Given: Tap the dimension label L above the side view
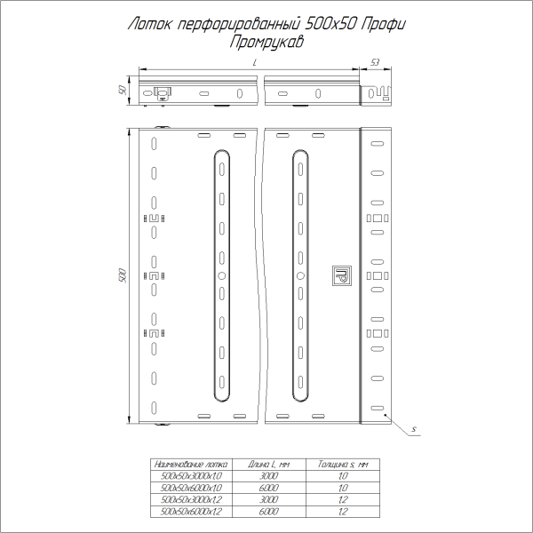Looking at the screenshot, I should [x=255, y=64].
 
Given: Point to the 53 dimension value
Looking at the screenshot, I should [x=375, y=62].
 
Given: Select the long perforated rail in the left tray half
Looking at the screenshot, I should [x=221, y=276].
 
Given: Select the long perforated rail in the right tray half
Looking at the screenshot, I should [x=300, y=276].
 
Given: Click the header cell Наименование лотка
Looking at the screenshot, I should [x=190, y=464].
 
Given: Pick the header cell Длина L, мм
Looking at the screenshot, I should [x=270, y=464].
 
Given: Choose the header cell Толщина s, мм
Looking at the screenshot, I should [x=343, y=464].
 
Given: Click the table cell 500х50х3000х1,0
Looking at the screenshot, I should [x=190, y=476].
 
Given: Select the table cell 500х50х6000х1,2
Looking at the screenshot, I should [x=190, y=512].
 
